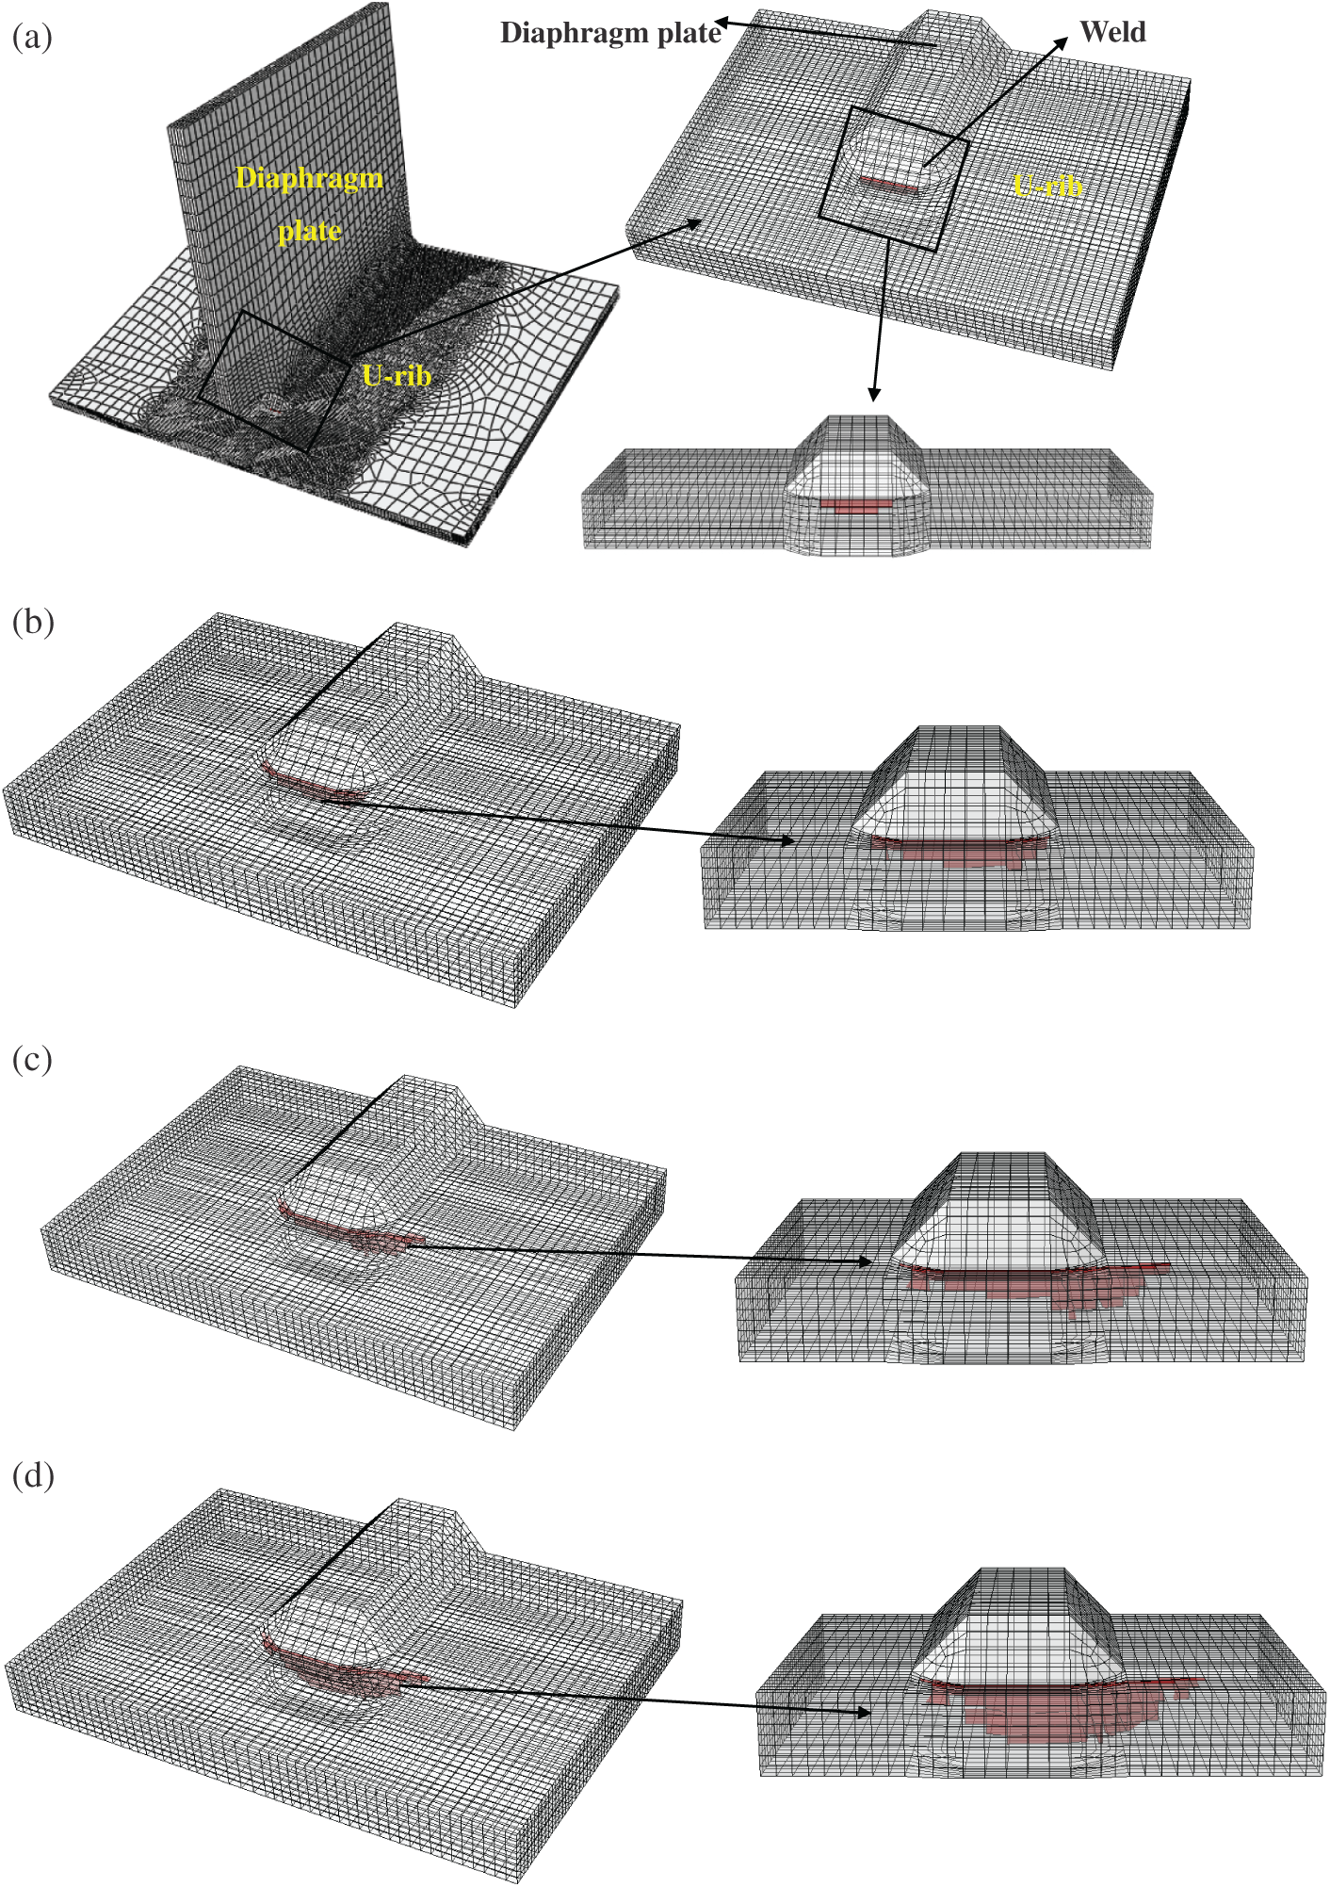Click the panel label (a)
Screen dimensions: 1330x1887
pos(32,38)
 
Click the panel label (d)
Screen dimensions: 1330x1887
pos(33,1474)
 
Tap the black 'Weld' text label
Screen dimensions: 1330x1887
pos(1112,32)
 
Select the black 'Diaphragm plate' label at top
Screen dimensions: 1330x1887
pos(610,34)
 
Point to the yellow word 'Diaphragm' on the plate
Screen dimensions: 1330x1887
pos(309,179)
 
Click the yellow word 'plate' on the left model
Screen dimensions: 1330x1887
pos(309,231)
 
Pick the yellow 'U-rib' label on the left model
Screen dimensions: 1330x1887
pos(397,376)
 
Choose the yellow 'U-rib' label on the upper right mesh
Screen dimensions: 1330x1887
pos(1047,186)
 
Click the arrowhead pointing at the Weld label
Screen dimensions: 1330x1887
pos(1062,43)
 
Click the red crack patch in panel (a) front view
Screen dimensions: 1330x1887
pos(855,507)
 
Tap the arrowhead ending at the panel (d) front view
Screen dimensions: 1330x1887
pos(861,1712)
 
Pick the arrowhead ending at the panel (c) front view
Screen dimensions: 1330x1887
pos(863,1261)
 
